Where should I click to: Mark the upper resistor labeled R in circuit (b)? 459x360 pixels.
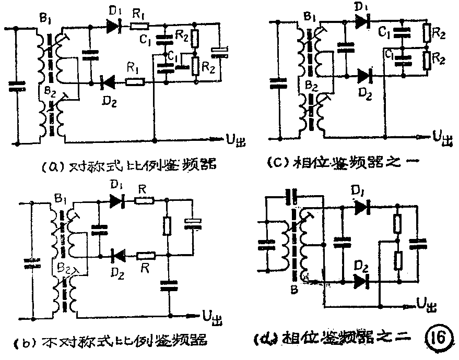click(x=144, y=200)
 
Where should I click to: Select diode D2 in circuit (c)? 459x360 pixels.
click(x=365, y=76)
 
